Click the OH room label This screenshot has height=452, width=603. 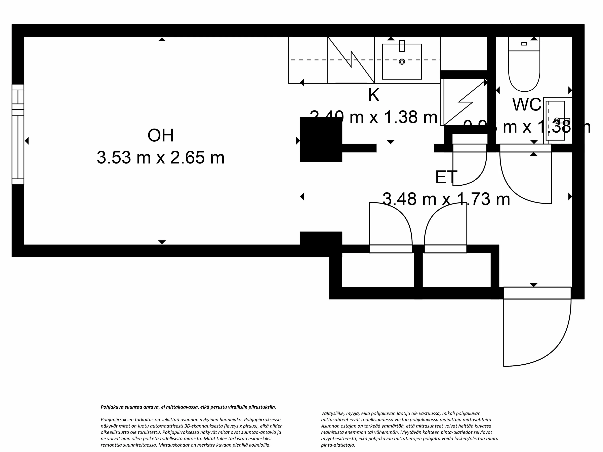[161, 136]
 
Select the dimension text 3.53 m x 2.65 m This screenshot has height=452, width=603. [161, 158]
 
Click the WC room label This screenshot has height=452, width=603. [527, 104]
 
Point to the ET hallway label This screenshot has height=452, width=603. [446, 177]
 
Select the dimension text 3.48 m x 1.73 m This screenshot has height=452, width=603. [446, 199]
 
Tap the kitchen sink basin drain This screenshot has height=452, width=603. [402, 62]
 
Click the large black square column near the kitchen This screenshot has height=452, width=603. [321, 139]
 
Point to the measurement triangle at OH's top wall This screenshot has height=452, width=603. [162, 40]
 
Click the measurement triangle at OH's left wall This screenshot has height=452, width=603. [27, 141]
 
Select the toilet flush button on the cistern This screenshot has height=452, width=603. [524, 44]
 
